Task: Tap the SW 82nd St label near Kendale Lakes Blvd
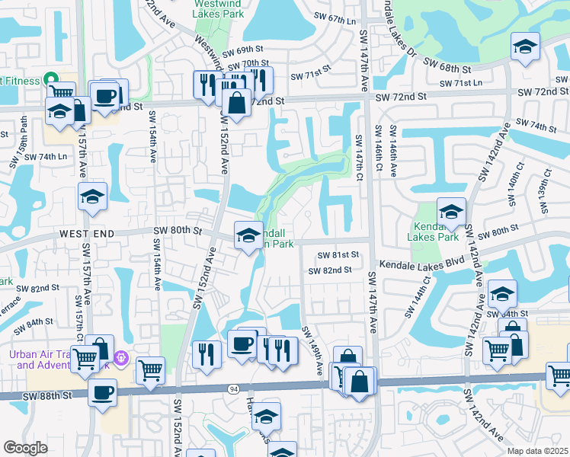pyautogui.click(x=330, y=270)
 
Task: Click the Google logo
pyautogui.click(x=25, y=448)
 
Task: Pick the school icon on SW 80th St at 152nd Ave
pyautogui.click(x=248, y=235)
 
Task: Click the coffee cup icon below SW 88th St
pyautogui.click(x=102, y=393)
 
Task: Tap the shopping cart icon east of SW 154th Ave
pyautogui.click(x=151, y=370)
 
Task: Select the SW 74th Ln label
pyautogui.click(x=46, y=156)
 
